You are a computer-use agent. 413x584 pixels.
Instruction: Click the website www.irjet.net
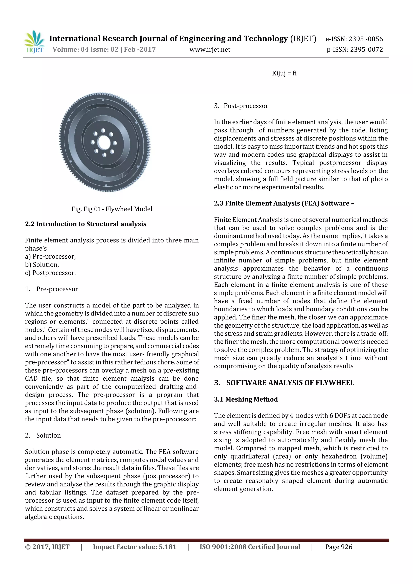pos(210,50)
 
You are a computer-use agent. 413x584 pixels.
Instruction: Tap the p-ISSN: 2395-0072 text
pos(355,50)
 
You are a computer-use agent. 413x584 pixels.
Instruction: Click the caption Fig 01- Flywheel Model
pos(112,209)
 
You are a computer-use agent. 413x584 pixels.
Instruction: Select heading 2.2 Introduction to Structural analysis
pos(86,224)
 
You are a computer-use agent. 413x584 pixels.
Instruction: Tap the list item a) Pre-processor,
pos(50,257)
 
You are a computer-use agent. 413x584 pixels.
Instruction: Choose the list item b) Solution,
pos(42,265)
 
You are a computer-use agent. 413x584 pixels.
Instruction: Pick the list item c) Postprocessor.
pos(50,273)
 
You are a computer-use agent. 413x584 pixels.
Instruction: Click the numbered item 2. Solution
pos(43,435)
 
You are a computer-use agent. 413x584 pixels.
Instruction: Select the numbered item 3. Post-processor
pos(241,106)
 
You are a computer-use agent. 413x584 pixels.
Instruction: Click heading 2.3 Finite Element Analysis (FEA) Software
pos(284,203)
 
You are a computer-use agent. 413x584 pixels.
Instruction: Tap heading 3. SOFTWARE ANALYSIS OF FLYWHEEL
pos(284,383)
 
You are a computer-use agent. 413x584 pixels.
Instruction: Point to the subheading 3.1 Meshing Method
pos(246,399)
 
